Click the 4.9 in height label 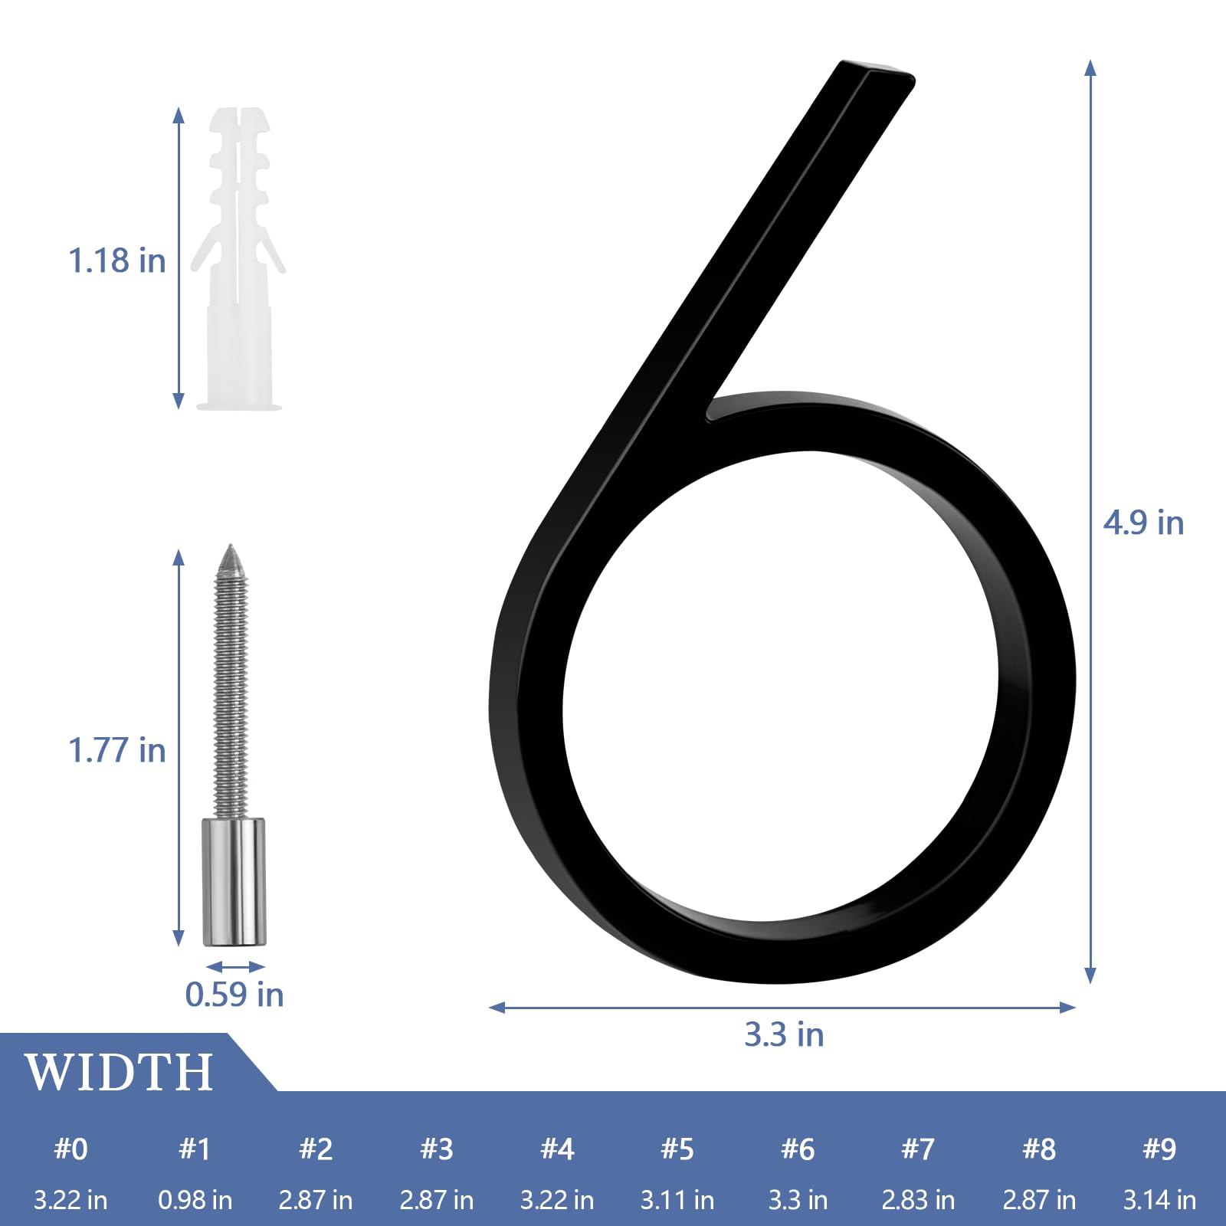(1143, 523)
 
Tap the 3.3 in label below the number (784, 1034)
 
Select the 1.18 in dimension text (117, 261)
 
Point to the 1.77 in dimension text (117, 750)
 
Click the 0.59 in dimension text (234, 995)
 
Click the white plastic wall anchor (238, 261)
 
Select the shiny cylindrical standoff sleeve (234, 881)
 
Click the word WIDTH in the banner (120, 1072)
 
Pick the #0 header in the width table (70, 1149)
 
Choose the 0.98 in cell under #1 (195, 1200)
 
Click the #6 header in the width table (798, 1149)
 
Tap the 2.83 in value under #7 (918, 1200)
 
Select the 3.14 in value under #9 (1159, 1200)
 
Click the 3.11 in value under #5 (677, 1200)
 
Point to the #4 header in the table (557, 1149)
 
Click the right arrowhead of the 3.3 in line (1068, 1007)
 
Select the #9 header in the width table (1159, 1149)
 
